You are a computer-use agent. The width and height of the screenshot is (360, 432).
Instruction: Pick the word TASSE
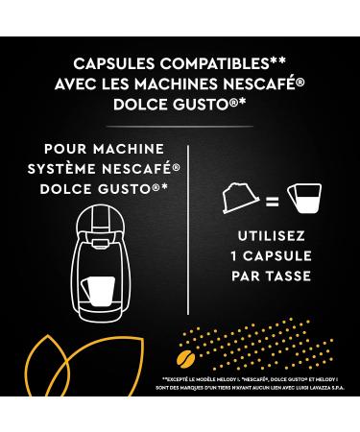pos(285,276)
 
